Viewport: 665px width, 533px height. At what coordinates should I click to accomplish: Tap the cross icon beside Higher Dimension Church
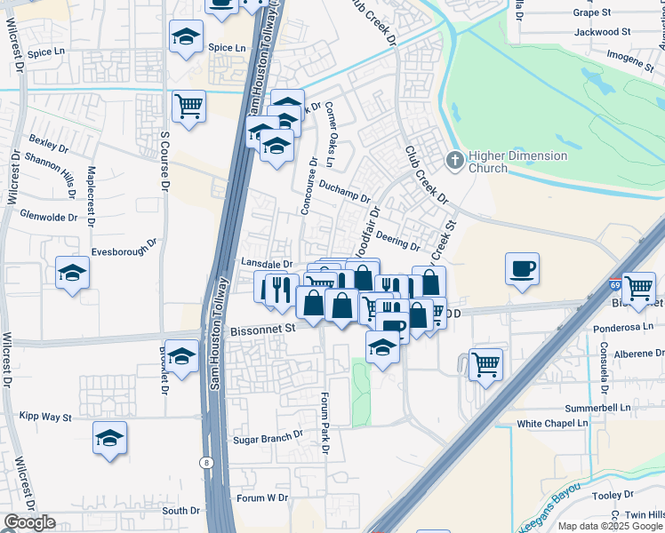tap(454, 160)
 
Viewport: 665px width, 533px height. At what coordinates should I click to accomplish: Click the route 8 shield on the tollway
tap(206, 463)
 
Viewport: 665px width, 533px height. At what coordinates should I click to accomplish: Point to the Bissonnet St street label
tap(262, 329)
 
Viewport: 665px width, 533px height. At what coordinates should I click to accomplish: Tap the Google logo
tap(29, 522)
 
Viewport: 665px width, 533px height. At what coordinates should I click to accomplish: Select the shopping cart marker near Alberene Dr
tap(485, 362)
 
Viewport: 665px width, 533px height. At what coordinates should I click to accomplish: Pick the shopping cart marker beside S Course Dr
tap(188, 107)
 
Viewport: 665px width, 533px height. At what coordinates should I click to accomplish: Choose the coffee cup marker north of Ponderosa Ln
tap(522, 267)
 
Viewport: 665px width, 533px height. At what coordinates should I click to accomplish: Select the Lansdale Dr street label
tap(267, 264)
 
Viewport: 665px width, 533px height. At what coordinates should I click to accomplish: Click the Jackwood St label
tap(602, 31)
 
